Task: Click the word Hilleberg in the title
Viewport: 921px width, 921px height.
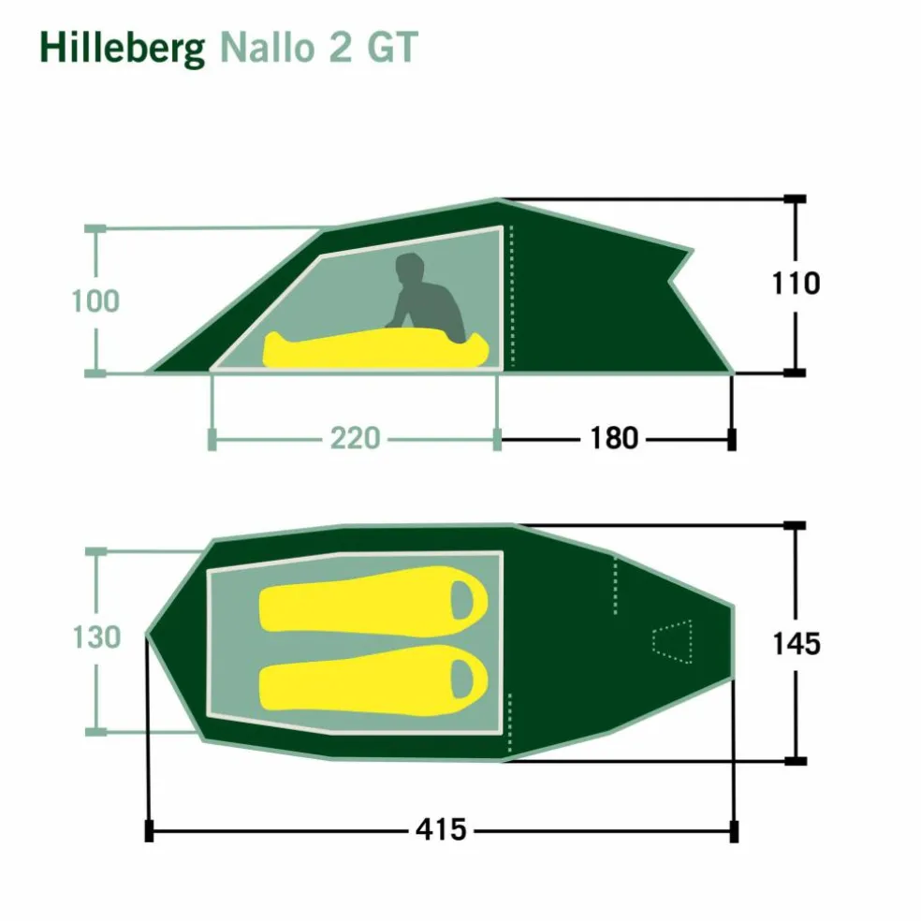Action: coord(123,49)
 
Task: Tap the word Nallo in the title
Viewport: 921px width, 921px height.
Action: coord(268,47)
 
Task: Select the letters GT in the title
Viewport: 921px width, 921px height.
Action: coord(392,47)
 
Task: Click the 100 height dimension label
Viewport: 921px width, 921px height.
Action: coord(95,301)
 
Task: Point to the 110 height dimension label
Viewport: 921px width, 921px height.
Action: coord(796,284)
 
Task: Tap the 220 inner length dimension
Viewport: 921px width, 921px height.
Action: coord(355,438)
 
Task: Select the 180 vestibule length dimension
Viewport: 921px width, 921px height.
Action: coord(614,438)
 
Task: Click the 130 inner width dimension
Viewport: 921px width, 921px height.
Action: coord(96,637)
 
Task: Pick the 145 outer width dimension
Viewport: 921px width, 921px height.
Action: coord(797,644)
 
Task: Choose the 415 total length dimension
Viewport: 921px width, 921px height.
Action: coord(441,830)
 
